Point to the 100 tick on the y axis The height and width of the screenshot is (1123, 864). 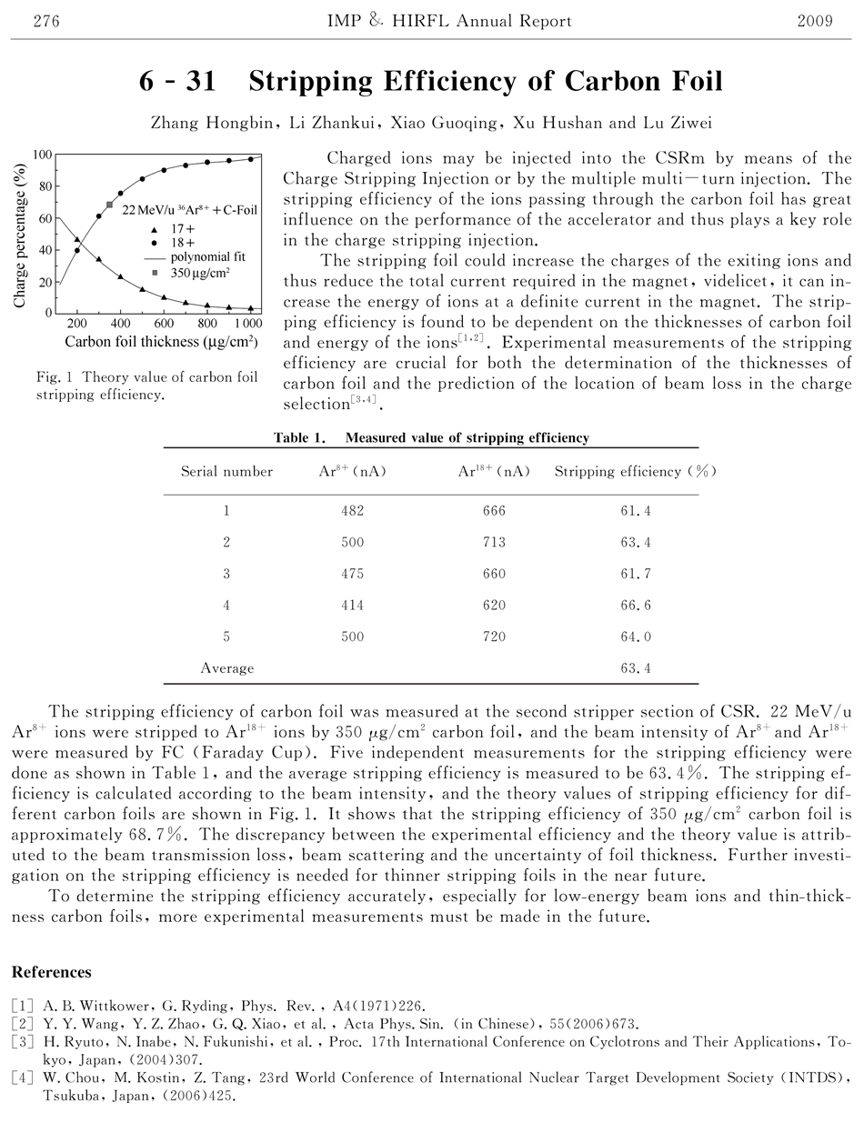click(41, 155)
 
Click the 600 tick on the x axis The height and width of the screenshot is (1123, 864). click(164, 324)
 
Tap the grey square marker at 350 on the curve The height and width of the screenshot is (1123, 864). click(109, 206)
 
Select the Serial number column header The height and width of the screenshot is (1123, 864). click(226, 471)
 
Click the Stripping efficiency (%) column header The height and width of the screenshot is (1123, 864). click(636, 471)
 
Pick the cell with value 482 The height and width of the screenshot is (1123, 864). click(352, 511)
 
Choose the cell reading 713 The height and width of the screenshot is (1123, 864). click(494, 543)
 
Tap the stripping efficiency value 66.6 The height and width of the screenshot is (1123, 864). click(636, 606)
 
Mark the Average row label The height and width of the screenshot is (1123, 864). click(226, 668)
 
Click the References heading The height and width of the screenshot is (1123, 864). click(51, 972)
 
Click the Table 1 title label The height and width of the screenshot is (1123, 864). click(299, 437)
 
